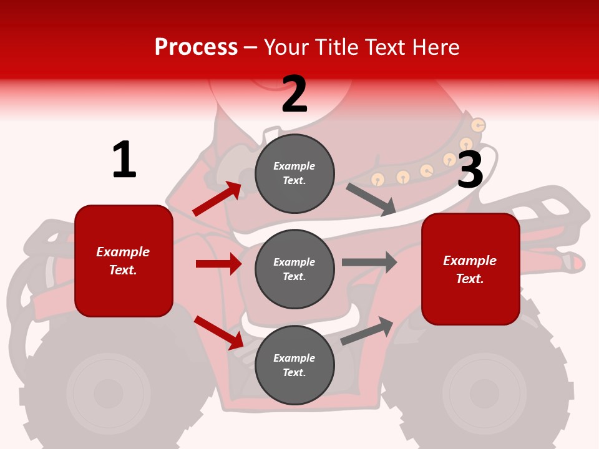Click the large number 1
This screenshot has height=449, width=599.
[124, 160]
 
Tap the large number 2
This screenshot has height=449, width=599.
[295, 95]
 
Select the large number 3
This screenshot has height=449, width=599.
[470, 170]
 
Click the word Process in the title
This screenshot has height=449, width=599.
[196, 47]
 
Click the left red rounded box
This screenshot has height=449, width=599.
[124, 261]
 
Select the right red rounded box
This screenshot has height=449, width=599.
[470, 269]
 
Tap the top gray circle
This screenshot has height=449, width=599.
[295, 173]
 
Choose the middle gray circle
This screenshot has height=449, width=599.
[295, 269]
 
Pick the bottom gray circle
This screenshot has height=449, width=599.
[295, 365]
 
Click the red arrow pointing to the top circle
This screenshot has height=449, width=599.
[217, 199]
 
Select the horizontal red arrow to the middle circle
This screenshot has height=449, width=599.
[218, 264]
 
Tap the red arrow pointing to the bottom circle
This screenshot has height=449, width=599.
[219, 332]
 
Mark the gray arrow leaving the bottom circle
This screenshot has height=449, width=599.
[367, 331]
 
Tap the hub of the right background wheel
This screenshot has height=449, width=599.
[484, 393]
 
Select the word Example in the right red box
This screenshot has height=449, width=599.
[470, 261]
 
